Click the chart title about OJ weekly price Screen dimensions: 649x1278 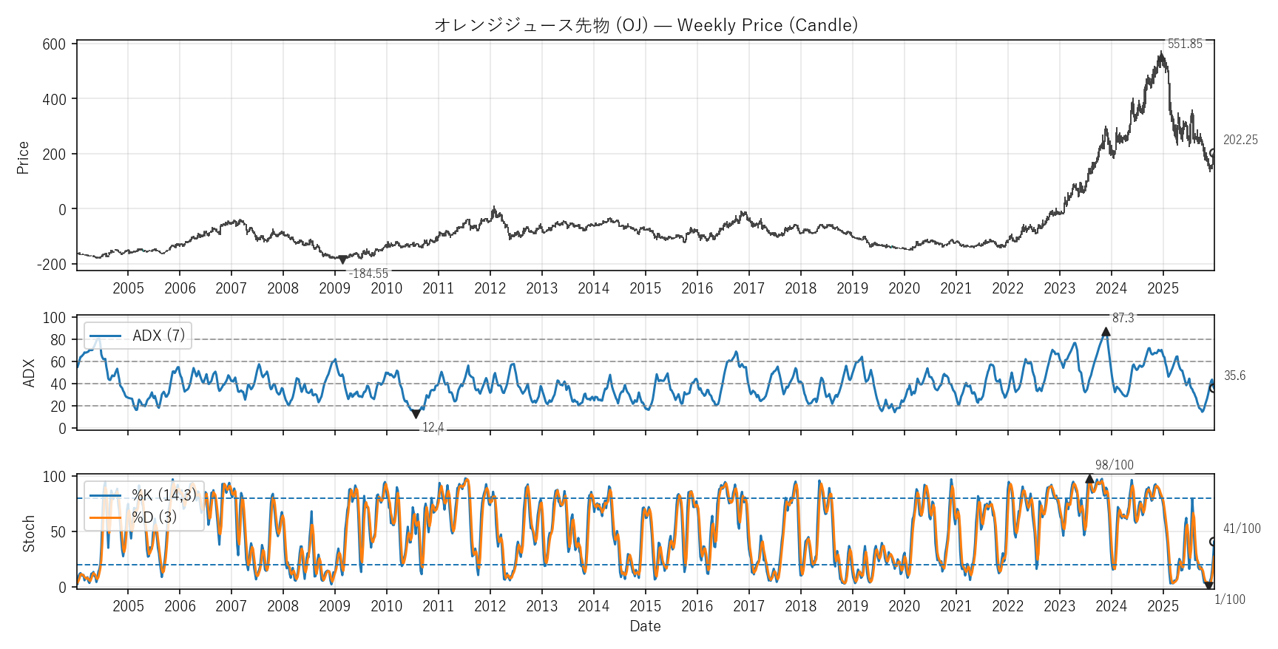[646, 25]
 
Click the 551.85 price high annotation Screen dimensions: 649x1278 [1185, 44]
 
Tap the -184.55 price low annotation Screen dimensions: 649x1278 [368, 274]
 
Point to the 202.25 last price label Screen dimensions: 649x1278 [1240, 140]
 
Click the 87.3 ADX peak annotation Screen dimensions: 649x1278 [1123, 318]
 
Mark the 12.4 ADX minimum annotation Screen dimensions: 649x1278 [433, 427]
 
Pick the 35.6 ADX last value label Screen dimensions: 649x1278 [1234, 376]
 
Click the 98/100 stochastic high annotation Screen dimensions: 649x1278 [1114, 465]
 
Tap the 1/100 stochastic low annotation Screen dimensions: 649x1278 [1229, 599]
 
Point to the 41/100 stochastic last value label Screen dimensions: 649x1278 [1242, 529]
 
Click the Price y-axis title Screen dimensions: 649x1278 [23, 157]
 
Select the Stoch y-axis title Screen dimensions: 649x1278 [29, 534]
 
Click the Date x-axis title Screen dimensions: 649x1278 [645, 626]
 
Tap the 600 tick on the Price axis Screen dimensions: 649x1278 [54, 44]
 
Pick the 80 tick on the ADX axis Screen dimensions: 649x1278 [58, 340]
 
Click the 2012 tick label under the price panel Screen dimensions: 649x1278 [490, 288]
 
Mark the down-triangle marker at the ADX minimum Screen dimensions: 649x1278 [416, 414]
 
